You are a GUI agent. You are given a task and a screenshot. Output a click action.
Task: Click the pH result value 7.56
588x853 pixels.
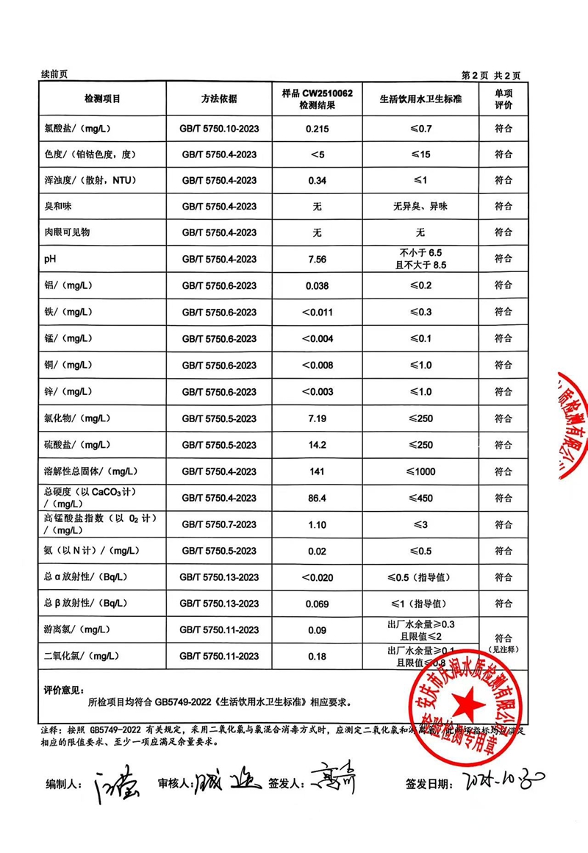tap(317, 259)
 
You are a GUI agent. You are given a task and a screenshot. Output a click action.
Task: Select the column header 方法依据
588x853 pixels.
tap(219, 99)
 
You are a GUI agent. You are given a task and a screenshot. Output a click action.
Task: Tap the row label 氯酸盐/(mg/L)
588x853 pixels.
tap(77, 128)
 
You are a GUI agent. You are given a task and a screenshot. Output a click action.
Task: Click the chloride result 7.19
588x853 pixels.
tap(317, 418)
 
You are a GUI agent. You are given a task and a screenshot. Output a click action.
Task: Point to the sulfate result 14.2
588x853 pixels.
tap(317, 445)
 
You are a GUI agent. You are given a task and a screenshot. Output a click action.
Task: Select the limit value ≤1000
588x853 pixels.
tap(420, 471)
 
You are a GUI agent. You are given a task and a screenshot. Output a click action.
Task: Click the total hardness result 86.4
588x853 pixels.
tap(317, 498)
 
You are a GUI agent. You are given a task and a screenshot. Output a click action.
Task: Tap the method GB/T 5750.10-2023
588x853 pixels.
tap(219, 128)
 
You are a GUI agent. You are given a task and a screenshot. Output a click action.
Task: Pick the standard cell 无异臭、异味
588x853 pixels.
tap(420, 207)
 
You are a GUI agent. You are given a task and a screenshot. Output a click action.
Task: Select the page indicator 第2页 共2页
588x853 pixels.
tap(490, 75)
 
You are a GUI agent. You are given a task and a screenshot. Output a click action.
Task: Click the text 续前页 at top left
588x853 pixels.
tap(55, 75)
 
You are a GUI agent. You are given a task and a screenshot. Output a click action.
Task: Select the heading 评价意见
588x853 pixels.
tap(63, 690)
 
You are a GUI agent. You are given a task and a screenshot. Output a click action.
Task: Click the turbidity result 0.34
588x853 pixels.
tap(317, 180)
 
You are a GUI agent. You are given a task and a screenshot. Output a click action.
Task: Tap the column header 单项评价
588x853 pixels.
tap(503, 99)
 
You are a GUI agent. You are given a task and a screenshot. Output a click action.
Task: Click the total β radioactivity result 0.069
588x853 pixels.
tap(317, 604)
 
